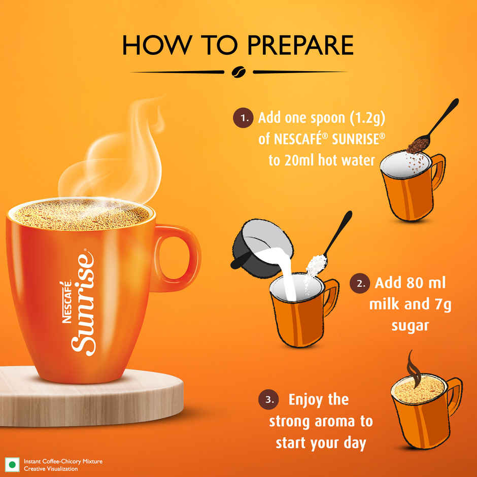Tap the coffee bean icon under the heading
pyautogui.click(x=238, y=72)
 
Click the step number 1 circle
pyautogui.click(x=244, y=118)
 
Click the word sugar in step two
pyautogui.click(x=410, y=325)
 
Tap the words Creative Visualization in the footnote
pyautogui.click(x=51, y=469)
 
